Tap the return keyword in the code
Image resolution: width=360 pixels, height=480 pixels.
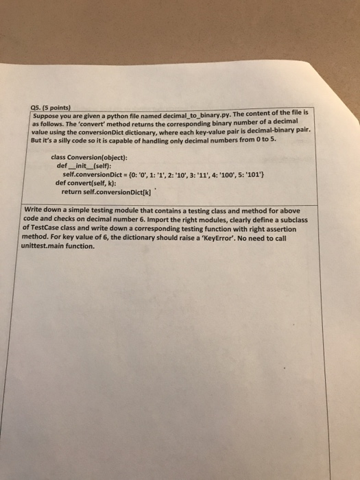coord(73,192)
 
